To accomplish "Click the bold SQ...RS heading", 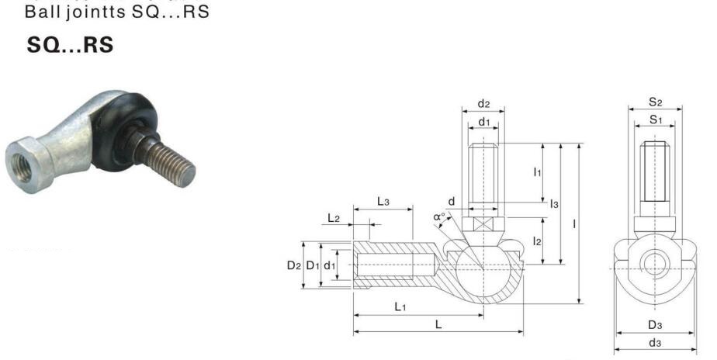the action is pyautogui.click(x=70, y=45).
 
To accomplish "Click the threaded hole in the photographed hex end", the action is pyautogui.click(x=22, y=167).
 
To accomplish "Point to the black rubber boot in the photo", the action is pyautogui.click(x=123, y=131).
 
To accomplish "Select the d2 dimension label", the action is pyautogui.click(x=483, y=104).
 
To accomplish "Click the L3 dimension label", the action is pyautogui.click(x=383, y=201).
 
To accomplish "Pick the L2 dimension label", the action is pyautogui.click(x=334, y=218).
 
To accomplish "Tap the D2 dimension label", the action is pyautogui.click(x=294, y=265).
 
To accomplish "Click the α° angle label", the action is pyautogui.click(x=439, y=216).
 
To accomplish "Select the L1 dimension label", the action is pyautogui.click(x=400, y=306).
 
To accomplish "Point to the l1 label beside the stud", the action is pyautogui.click(x=537, y=172).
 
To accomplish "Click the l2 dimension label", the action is pyautogui.click(x=537, y=241).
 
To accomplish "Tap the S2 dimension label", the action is pyautogui.click(x=655, y=102).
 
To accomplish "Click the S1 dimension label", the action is pyautogui.click(x=656, y=119).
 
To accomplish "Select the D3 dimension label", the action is pyautogui.click(x=655, y=325).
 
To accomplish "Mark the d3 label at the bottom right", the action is pyautogui.click(x=655, y=343).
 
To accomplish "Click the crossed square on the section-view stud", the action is pyautogui.click(x=483, y=225).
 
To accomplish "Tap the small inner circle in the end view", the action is pyautogui.click(x=655, y=264).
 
